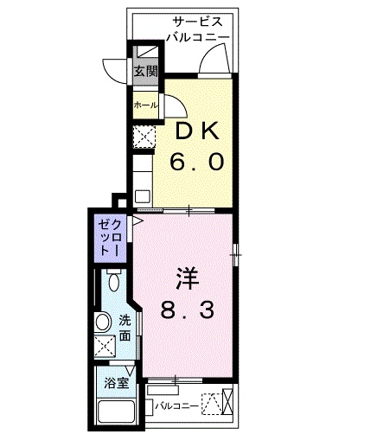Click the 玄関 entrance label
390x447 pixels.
tap(144, 73)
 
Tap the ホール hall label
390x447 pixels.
tap(144, 105)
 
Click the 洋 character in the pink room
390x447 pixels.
tap(189, 279)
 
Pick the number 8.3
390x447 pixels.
tap(189, 309)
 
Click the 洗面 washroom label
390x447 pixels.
tap(126, 328)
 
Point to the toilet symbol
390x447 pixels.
tap(113, 281)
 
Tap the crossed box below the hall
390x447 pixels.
tap(143, 136)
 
